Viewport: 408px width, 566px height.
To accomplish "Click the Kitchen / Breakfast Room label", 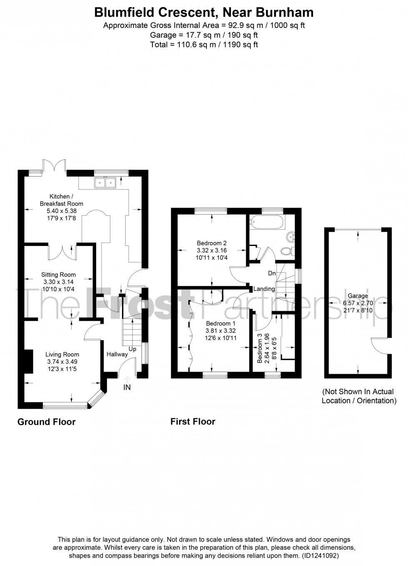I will point(61,200).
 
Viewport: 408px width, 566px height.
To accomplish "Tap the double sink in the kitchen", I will point(105,182).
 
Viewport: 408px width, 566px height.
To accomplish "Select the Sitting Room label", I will point(58,274).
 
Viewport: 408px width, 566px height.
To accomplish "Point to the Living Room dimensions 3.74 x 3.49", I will point(62,362).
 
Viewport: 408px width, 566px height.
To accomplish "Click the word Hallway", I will point(117,354).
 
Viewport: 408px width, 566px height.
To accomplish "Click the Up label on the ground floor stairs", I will point(132,349).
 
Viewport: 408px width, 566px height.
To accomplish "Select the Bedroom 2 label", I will point(211,243).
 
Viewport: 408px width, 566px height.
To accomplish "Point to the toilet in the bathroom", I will point(287,251).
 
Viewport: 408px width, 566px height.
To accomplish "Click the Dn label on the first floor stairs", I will point(272,273).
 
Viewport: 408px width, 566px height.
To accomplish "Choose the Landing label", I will point(264,289).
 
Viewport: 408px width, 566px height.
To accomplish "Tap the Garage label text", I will point(358,296).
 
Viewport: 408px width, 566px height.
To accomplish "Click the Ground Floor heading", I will point(47,422).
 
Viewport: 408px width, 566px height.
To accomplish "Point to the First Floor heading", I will point(193,422).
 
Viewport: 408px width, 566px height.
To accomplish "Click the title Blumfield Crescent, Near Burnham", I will point(204,12).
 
